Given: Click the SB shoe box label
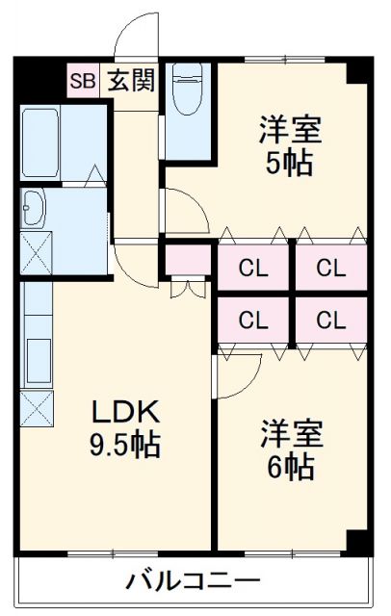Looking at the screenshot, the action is click(x=83, y=81).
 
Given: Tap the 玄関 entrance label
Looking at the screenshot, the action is click(x=131, y=81).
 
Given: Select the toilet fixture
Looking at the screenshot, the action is click(x=188, y=88).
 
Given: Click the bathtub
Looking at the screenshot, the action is click(x=40, y=142).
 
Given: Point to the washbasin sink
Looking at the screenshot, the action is click(x=33, y=208).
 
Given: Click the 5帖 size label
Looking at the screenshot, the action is click(x=290, y=163).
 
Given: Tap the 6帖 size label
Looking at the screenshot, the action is click(x=291, y=466).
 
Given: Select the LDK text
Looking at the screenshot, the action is click(x=125, y=411).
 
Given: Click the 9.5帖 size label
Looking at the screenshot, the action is click(x=125, y=445).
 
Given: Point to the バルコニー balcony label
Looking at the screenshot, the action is click(x=194, y=581).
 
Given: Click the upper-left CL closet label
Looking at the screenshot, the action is click(x=253, y=269).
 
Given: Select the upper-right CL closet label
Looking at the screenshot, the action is click(x=331, y=269).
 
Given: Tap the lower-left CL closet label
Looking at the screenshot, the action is click(x=253, y=320).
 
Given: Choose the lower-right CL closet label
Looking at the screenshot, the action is click(x=331, y=320).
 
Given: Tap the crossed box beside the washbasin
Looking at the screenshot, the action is click(x=37, y=253).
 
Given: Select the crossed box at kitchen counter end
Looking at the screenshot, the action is click(x=37, y=408).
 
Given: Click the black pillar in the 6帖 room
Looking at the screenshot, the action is click(x=357, y=543).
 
